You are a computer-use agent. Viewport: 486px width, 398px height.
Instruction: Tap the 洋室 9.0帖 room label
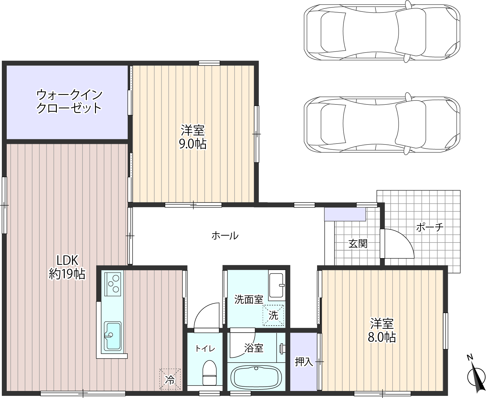pyautogui.click(x=193, y=137)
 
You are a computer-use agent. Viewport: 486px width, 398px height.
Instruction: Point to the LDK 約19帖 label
pyautogui.click(x=67, y=267)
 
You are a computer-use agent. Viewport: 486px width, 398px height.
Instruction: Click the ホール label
pyautogui.click(x=225, y=236)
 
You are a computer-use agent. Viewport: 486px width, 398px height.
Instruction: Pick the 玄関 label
pyautogui.click(x=358, y=244)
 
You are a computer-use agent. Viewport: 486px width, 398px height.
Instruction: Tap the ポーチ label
pyautogui.click(x=430, y=228)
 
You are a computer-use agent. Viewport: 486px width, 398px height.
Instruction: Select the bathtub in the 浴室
pyautogui.click(x=256, y=377)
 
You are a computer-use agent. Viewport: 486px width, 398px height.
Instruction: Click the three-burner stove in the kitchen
pyautogui.click(x=113, y=284)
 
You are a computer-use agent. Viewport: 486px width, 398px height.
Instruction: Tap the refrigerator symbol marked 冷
pyautogui.click(x=170, y=379)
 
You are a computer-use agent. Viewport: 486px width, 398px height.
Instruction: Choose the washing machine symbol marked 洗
pyautogui.click(x=273, y=316)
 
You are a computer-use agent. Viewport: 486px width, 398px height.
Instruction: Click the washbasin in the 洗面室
pyautogui.click(x=276, y=285)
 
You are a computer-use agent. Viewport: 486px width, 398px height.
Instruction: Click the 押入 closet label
pyautogui.click(x=304, y=362)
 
